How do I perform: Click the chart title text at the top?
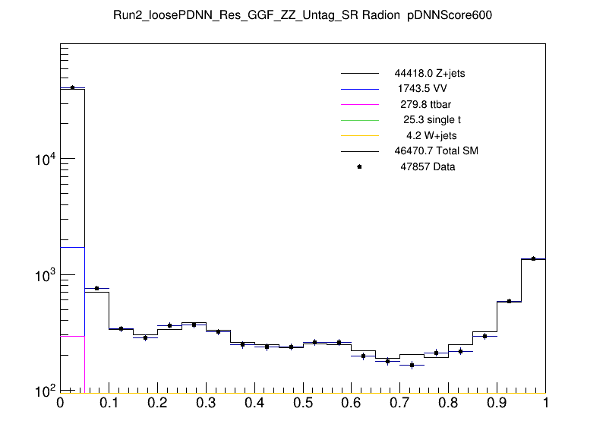coord(303,15)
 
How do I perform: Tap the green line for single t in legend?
coord(359,120)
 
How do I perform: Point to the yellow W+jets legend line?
coord(359,135)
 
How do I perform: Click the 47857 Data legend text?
coord(428,166)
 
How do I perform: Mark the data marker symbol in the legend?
coord(359,166)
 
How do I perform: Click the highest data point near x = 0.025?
coord(72,87)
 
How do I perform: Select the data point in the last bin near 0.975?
coord(533,258)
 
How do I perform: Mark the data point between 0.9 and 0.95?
coord(509,301)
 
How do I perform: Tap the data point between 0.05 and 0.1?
coord(96,288)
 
